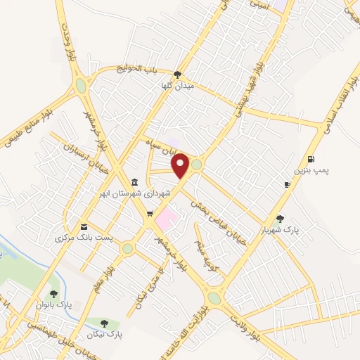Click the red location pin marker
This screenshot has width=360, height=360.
point(181,166)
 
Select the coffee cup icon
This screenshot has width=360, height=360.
point(287,184)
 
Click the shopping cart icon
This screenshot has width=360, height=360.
point(149,213)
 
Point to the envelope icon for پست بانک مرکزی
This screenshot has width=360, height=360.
point(85,226)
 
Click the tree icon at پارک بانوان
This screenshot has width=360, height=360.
point(53,294)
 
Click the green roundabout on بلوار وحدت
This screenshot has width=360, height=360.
point(82,86)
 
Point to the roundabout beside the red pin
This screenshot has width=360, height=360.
point(197,165)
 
